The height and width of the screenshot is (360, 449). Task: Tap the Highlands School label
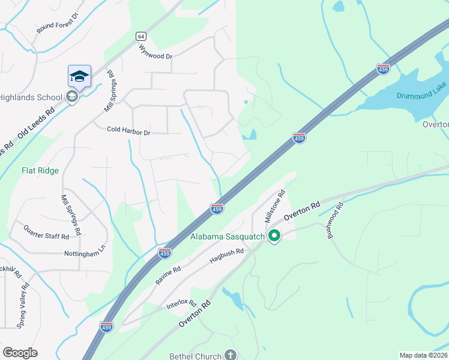[30, 97]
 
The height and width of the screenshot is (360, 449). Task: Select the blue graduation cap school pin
[79, 76]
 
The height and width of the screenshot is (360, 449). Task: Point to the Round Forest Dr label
[58, 23]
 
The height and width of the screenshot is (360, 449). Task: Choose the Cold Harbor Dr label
[128, 130]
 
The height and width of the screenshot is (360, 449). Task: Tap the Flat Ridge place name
[40, 170]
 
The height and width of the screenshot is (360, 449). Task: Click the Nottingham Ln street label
[85, 254]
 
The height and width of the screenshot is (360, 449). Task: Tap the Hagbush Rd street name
[226, 256]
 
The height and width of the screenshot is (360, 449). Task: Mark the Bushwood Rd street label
[335, 220]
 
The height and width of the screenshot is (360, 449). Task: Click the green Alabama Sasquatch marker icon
[275, 236]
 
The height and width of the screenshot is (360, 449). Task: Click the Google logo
[20, 353]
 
